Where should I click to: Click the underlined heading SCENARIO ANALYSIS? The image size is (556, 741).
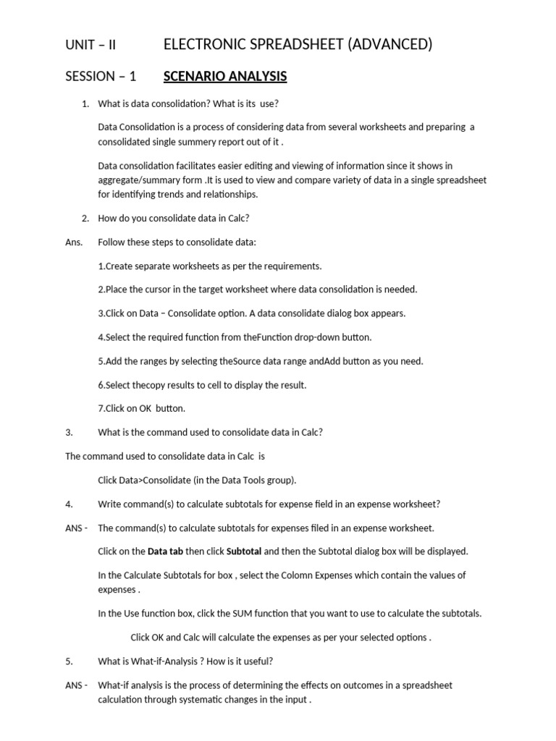pos(225,76)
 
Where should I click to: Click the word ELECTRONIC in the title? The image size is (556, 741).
pos(201,45)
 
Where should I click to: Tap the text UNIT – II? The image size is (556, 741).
pos(90,45)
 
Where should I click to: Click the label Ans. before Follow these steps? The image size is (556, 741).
pos(74,242)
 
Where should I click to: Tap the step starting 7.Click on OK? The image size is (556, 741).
pos(141,409)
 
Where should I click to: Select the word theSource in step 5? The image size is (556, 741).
pos(243,361)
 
